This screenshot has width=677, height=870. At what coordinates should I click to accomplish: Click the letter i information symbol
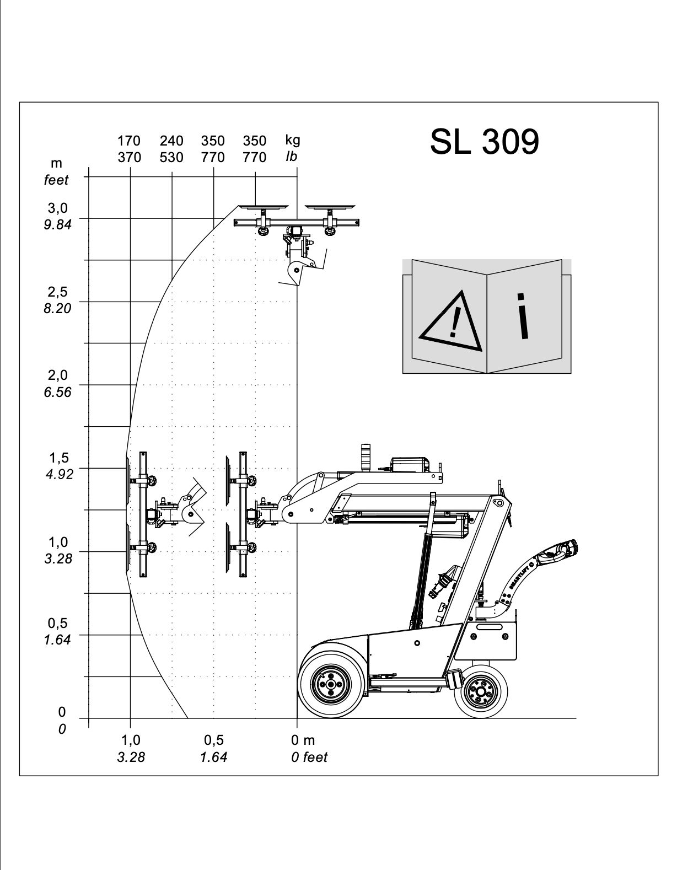522,316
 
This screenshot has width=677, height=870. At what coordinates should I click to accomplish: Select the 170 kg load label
129,141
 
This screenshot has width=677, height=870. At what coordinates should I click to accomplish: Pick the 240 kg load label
171,141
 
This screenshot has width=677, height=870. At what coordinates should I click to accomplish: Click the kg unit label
293,140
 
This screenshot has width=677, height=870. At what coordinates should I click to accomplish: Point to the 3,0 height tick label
58,208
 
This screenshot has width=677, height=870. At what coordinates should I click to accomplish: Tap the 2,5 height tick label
58,292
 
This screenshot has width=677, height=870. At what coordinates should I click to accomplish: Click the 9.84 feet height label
58,224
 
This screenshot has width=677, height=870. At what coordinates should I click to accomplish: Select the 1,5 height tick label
59,458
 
